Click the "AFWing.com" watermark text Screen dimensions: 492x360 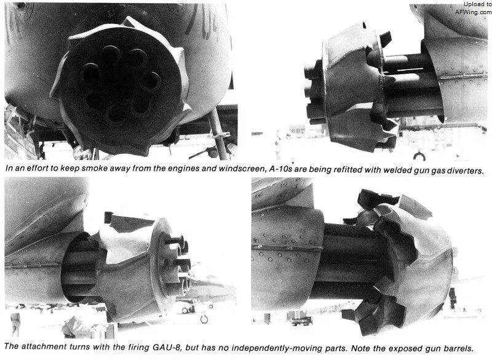pyautogui.click(x=473, y=12)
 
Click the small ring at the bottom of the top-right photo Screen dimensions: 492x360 pyautogui.click(x=419, y=156)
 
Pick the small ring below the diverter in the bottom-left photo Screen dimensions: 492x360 pyautogui.click(x=204, y=319)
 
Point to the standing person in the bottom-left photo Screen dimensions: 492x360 pyautogui.click(x=15, y=324)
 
